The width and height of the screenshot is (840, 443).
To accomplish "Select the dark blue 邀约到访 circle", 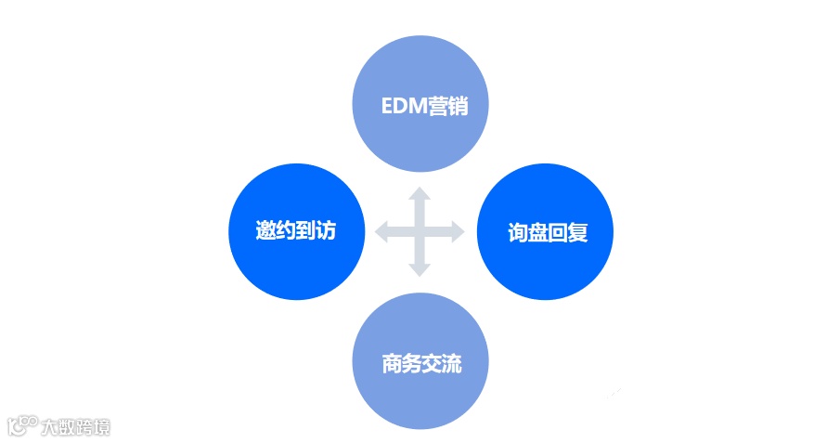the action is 295,232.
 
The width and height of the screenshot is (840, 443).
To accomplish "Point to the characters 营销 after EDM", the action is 446,106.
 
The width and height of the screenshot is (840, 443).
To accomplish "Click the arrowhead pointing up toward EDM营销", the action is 420,195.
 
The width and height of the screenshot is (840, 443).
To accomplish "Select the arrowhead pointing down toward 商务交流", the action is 420,269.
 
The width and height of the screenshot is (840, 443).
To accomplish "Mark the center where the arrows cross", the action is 420,232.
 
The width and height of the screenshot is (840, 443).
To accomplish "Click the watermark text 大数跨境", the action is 76,427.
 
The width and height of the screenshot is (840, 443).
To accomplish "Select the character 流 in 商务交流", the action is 451,363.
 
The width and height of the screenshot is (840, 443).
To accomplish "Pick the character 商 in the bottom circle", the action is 392,363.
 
